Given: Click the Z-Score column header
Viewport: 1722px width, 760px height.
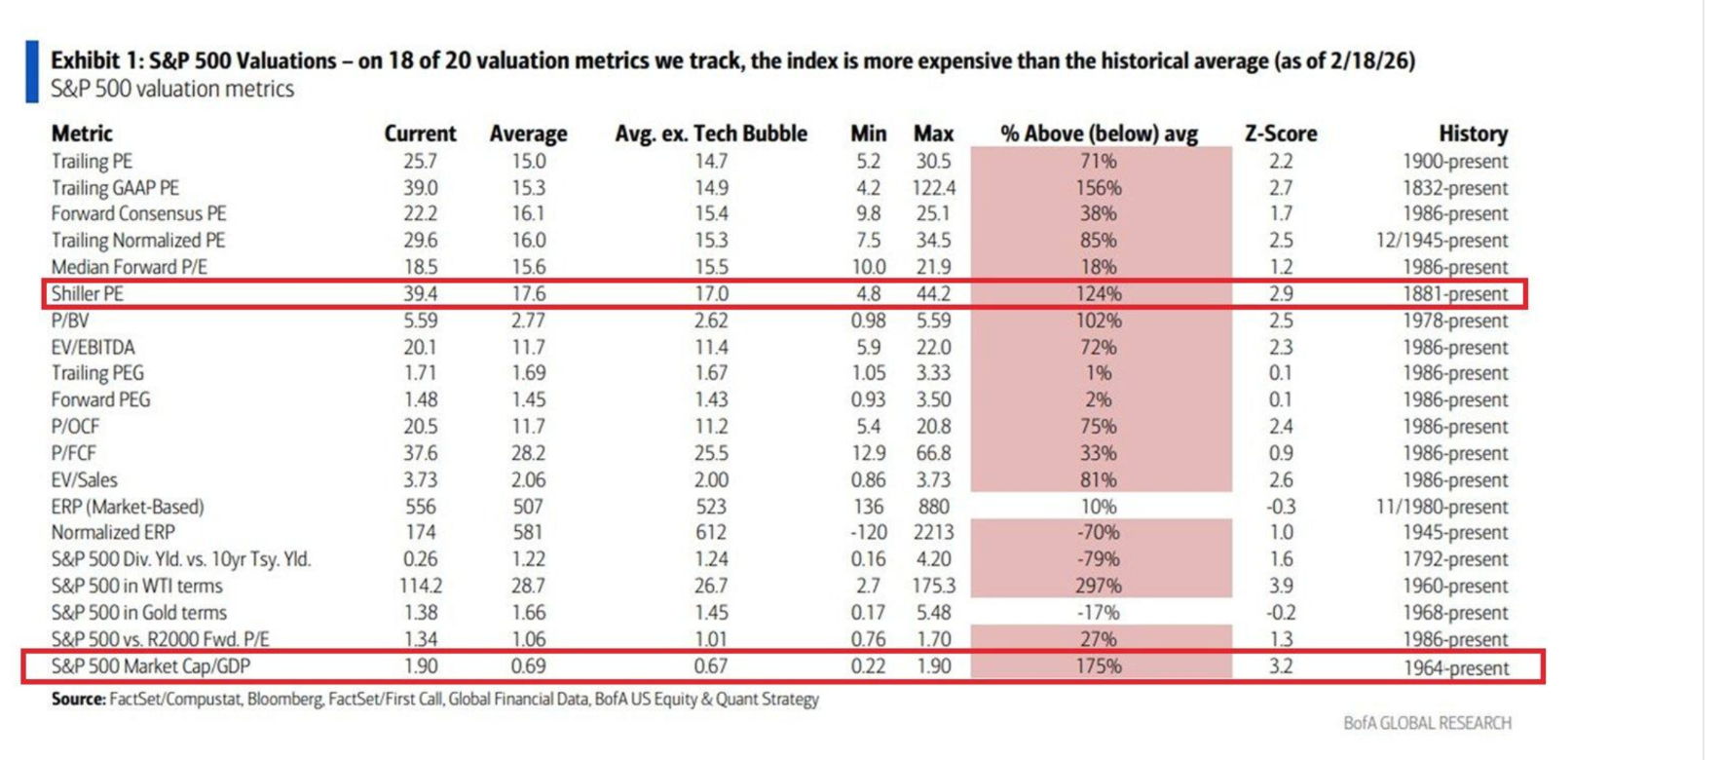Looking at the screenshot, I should coord(1280,133).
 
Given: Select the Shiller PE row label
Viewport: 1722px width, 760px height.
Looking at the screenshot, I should coord(88,293).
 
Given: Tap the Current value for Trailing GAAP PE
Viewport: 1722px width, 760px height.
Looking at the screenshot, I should coord(420,187).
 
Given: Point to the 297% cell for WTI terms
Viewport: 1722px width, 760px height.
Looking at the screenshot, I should coord(1098,586).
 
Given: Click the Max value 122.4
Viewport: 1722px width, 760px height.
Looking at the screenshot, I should coord(934,187).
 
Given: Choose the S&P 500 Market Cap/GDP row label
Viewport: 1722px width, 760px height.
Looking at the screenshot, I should coord(151,666).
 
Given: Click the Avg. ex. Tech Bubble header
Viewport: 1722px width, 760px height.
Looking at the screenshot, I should coord(710,133).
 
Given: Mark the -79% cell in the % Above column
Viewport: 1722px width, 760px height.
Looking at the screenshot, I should coord(1098,559).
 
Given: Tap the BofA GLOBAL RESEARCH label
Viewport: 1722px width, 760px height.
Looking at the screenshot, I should coord(1427,723).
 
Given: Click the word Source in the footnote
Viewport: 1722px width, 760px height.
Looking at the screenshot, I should coord(78,699).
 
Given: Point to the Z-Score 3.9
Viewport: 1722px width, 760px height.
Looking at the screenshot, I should coord(1280,586).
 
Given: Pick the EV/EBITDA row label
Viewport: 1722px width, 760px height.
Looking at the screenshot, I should coord(94,347).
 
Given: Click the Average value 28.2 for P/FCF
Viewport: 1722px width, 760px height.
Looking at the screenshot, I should coord(529,453).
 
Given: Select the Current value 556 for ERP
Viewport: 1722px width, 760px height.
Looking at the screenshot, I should coord(421,507).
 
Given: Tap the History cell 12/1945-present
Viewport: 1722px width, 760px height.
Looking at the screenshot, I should coord(1441,241).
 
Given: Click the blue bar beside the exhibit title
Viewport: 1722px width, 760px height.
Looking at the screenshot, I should coord(32,71).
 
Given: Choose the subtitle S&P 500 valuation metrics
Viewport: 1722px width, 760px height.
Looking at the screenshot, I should coord(172,89).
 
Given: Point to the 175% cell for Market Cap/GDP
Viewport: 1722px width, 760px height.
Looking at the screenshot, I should coord(1098,666).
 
